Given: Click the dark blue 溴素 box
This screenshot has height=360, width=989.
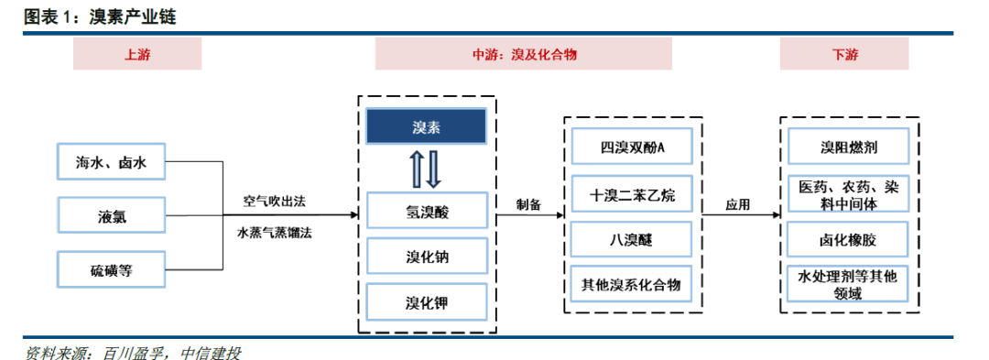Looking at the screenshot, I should tap(426, 126).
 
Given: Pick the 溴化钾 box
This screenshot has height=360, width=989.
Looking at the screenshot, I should tap(426, 301).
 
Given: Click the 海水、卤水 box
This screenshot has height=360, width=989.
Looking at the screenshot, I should tap(112, 165).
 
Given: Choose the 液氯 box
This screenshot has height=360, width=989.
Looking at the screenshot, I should tap(112, 217).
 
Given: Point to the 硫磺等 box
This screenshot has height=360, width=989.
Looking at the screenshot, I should tap(112, 269).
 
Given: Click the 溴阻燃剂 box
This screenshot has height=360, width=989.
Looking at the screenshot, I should tap(845, 147).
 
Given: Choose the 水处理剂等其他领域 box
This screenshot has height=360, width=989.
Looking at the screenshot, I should tap(845, 284).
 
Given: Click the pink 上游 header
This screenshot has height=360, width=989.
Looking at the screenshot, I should tap(137, 55).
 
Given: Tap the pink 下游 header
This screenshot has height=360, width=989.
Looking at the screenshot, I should tap(845, 55).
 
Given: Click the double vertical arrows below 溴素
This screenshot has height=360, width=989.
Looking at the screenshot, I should tap(426, 168).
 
